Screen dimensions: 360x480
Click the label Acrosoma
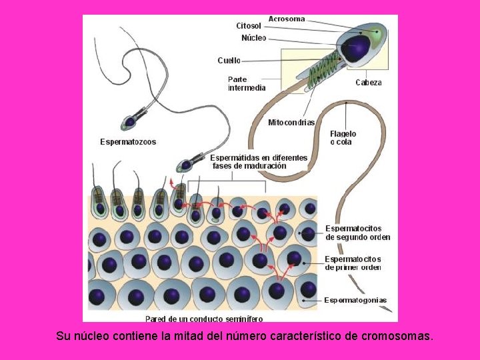tap(287, 19)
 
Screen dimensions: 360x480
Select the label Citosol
tap(249, 26)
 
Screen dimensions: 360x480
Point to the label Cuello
tap(229, 60)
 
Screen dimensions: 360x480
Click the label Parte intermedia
tap(247, 83)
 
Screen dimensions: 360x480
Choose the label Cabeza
tap(369, 83)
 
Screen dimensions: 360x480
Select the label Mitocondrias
tap(291, 123)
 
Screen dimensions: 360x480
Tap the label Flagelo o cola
tap(343, 138)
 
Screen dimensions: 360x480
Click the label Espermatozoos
tap(128, 142)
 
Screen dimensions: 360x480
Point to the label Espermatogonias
tap(355, 301)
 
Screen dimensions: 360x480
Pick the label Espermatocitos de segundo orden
tap(357, 233)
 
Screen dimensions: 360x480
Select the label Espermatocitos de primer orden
tap(353, 263)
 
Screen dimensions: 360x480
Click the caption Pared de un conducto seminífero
tap(204, 319)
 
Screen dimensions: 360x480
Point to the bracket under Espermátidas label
tap(227, 181)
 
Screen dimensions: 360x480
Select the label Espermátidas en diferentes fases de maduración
tap(259, 162)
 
